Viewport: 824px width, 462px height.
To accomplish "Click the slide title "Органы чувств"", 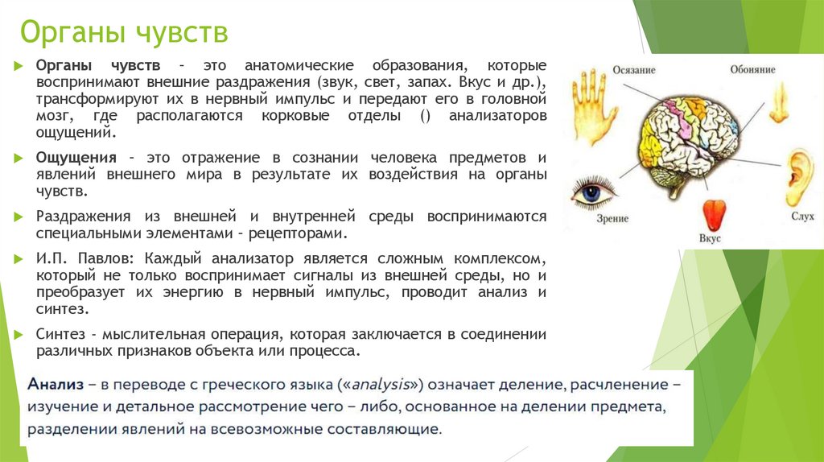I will (x=124, y=34).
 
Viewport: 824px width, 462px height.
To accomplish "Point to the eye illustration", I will (x=593, y=193).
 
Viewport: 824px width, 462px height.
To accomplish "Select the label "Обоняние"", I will (x=752, y=70).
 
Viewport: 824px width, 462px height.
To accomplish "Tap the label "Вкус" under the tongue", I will (x=710, y=239).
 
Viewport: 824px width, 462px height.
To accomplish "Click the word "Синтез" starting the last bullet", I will (x=59, y=334).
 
